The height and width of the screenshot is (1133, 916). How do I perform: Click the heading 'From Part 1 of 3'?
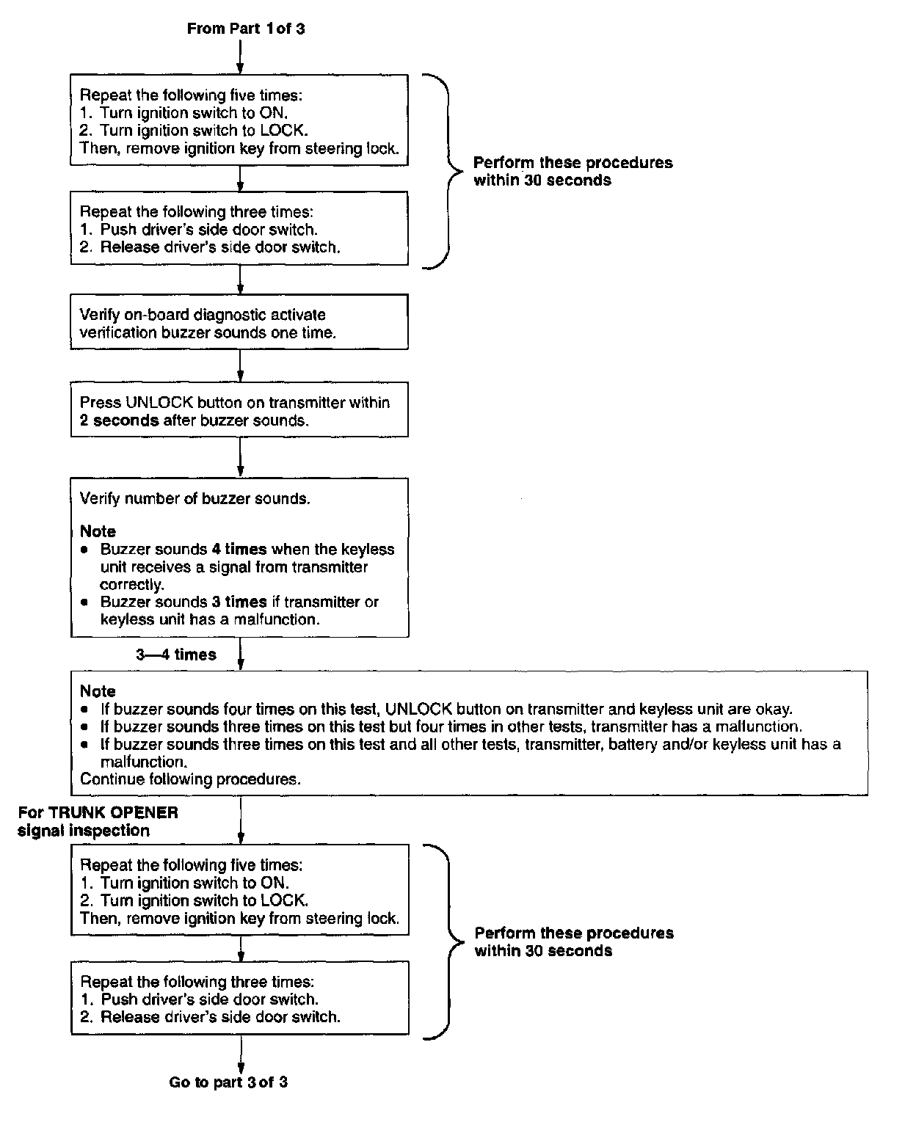pyautogui.click(x=246, y=29)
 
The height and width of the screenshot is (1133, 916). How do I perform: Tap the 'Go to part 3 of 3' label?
pyautogui.click(x=228, y=1082)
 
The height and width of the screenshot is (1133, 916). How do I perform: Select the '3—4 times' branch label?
pyautogui.click(x=176, y=655)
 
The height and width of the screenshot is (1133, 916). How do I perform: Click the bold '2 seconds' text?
pyautogui.click(x=119, y=420)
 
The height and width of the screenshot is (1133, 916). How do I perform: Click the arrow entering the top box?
pyautogui.click(x=240, y=59)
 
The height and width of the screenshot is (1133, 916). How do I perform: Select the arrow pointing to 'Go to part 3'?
pyautogui.click(x=240, y=1053)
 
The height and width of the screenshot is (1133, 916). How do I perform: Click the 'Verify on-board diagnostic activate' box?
pyautogui.click(x=239, y=323)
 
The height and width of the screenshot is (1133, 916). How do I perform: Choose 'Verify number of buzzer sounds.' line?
pyautogui.click(x=195, y=499)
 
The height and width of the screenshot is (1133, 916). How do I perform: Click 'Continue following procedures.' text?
pyautogui.click(x=190, y=779)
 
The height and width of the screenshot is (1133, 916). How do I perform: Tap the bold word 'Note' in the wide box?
pyautogui.click(x=98, y=691)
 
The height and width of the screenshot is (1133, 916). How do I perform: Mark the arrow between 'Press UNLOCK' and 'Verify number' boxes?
pyautogui.click(x=240, y=457)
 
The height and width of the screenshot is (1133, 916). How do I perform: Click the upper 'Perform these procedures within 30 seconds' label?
pyautogui.click(x=572, y=172)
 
